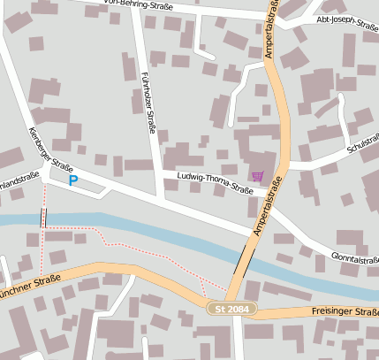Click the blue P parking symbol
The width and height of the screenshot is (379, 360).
(73, 180)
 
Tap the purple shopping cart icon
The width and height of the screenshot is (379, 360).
(257, 176)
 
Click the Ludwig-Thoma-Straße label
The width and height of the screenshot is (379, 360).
(215, 182)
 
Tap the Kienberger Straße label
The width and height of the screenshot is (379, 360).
(49, 149)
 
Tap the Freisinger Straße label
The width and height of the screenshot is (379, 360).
(345, 311)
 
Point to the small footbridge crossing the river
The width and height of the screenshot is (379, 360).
(42, 218)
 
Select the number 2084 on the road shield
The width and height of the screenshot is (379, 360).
(239, 309)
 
